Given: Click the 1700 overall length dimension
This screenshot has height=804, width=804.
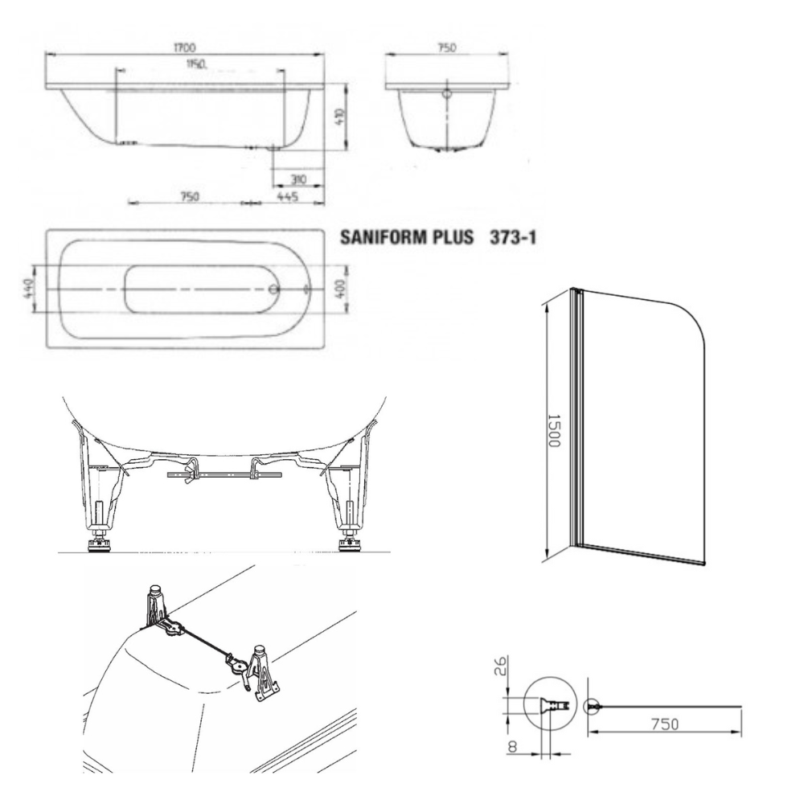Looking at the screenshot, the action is point(185,47).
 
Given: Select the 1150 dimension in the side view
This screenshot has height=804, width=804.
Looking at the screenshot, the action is point(196,64).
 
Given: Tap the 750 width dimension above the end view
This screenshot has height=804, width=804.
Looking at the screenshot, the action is point(446,47).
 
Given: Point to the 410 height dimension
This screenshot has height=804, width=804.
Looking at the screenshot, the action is point(342,119).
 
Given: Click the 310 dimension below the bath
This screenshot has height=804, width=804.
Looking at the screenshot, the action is point(298,179).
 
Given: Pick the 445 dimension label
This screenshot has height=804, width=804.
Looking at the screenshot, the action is point(288,196).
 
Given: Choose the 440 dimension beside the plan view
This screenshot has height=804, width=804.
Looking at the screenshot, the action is point(29,289).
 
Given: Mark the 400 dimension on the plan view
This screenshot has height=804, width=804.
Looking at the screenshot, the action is point(343,288).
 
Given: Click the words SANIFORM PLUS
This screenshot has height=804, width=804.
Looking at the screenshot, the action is point(407,237).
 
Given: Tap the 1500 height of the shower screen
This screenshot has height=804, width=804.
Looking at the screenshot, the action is point(554,431).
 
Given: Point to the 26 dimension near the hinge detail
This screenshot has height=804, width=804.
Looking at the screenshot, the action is point(501,666).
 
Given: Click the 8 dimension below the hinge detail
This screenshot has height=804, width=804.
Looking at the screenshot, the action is point(511,747).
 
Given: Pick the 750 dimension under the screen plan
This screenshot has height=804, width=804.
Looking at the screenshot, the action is point(665,724).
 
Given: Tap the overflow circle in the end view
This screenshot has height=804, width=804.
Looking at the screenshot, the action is point(447,94).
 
